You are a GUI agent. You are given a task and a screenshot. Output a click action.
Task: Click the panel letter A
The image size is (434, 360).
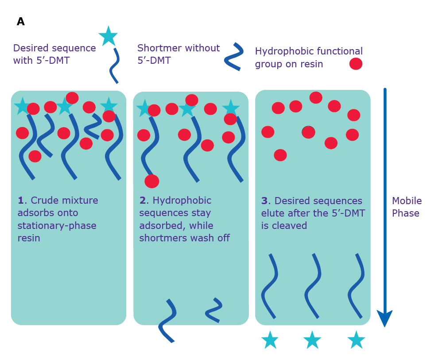(x=20, y=22)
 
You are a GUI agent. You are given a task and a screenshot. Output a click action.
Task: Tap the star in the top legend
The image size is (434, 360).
(x=108, y=36)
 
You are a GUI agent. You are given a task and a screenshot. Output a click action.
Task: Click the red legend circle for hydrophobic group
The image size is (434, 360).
(x=356, y=64)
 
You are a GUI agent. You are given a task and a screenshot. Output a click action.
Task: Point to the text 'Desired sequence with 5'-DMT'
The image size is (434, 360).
(x=54, y=54)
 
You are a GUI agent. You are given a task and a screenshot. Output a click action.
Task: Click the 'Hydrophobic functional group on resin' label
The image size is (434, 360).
(x=308, y=58)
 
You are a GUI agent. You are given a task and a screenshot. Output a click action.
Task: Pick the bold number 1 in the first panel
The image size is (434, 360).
(x=20, y=201)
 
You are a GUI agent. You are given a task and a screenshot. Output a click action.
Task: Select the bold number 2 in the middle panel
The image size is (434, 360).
(x=143, y=201)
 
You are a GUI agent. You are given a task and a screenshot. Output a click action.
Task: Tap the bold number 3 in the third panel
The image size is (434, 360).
(x=264, y=201)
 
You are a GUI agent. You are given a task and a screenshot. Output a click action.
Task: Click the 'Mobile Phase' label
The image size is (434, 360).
(x=406, y=207)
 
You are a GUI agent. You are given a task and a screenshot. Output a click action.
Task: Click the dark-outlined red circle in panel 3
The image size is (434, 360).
(x=308, y=132)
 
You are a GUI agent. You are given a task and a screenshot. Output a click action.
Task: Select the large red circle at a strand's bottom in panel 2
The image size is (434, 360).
(x=151, y=181)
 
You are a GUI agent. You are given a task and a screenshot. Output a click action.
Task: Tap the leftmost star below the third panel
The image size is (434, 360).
(x=270, y=340)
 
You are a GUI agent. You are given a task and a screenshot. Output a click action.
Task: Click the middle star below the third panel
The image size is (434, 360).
(x=312, y=340)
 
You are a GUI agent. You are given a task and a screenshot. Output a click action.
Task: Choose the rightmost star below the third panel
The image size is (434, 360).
(x=356, y=340)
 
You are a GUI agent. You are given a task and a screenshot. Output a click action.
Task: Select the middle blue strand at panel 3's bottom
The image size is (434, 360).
(x=313, y=286)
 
